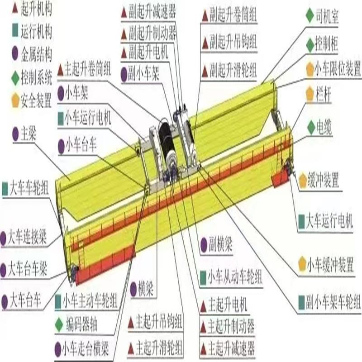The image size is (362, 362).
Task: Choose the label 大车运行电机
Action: tap(329, 221)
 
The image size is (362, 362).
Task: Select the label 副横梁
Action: tap(222, 245)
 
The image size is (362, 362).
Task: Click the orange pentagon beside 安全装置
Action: tap(15, 101)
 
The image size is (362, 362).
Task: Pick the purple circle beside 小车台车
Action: tap(61, 145)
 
